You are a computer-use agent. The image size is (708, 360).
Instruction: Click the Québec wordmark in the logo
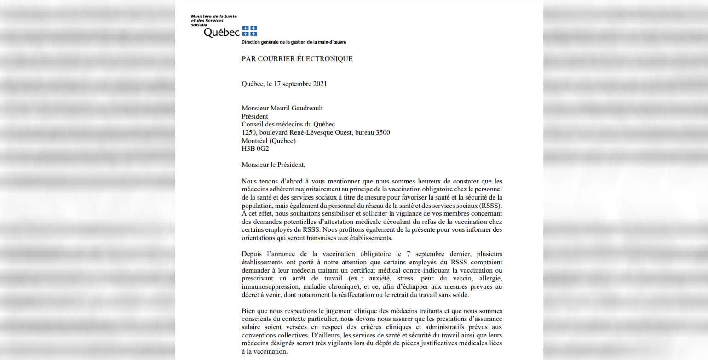click(222, 33)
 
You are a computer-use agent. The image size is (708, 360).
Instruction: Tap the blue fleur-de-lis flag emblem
click(249, 31)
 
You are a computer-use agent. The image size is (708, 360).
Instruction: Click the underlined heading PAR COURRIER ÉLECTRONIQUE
click(297, 59)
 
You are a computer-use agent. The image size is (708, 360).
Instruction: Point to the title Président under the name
click(255, 116)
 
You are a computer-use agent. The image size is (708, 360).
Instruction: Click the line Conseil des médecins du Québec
click(288, 124)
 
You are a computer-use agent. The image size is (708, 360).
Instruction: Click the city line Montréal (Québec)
click(269, 141)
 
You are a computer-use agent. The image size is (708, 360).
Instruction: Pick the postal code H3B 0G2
click(255, 149)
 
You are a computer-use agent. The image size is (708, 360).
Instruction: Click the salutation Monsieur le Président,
click(273, 165)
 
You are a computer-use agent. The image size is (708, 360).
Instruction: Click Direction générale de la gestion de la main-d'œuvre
click(294, 42)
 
